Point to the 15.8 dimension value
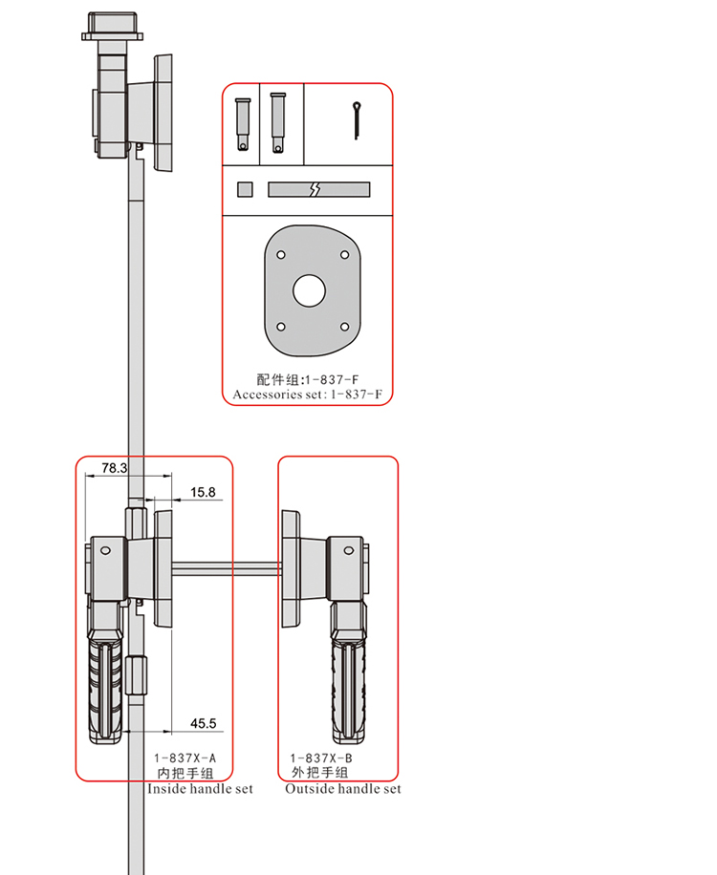204,492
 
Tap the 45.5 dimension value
204,723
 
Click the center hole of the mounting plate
308,290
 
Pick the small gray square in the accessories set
246,189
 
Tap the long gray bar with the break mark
317,190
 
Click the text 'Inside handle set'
200,789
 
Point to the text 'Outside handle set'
343,789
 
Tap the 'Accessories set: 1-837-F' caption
314,394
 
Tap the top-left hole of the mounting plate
280,255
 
